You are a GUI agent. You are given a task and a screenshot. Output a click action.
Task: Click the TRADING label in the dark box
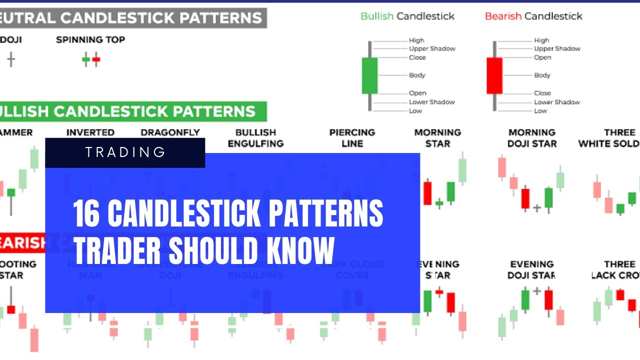pos(125,152)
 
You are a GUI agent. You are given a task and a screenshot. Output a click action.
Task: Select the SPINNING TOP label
pos(90,39)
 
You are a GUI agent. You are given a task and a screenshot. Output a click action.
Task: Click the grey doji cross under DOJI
pos(11,60)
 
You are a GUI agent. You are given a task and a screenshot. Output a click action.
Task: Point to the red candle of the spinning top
pos(96,60)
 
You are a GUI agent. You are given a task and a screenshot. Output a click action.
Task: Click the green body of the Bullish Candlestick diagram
pos(369,75)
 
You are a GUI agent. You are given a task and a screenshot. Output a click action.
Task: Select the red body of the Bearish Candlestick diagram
pos(494,75)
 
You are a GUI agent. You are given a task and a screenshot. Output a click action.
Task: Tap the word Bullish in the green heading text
pos(377,16)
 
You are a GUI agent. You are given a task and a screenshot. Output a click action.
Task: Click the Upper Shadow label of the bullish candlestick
pos(432,48)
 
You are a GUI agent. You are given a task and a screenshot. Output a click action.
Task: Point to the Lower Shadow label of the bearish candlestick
pos(556,102)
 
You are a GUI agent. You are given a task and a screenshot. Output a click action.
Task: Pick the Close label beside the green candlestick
pos(417,57)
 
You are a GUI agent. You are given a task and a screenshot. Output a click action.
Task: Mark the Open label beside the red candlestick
pos(542,57)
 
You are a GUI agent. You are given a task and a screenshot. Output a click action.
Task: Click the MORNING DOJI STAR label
pos(531,138)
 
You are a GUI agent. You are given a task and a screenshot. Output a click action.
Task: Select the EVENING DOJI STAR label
pos(531,269)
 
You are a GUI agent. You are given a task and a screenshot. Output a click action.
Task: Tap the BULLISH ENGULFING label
pos(255,138)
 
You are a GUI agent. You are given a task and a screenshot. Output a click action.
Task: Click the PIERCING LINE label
pos(351,138)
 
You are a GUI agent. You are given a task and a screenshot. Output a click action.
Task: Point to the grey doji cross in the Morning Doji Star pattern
pos(537,207)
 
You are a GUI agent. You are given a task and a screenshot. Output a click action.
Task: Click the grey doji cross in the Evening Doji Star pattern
pos(537,290)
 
